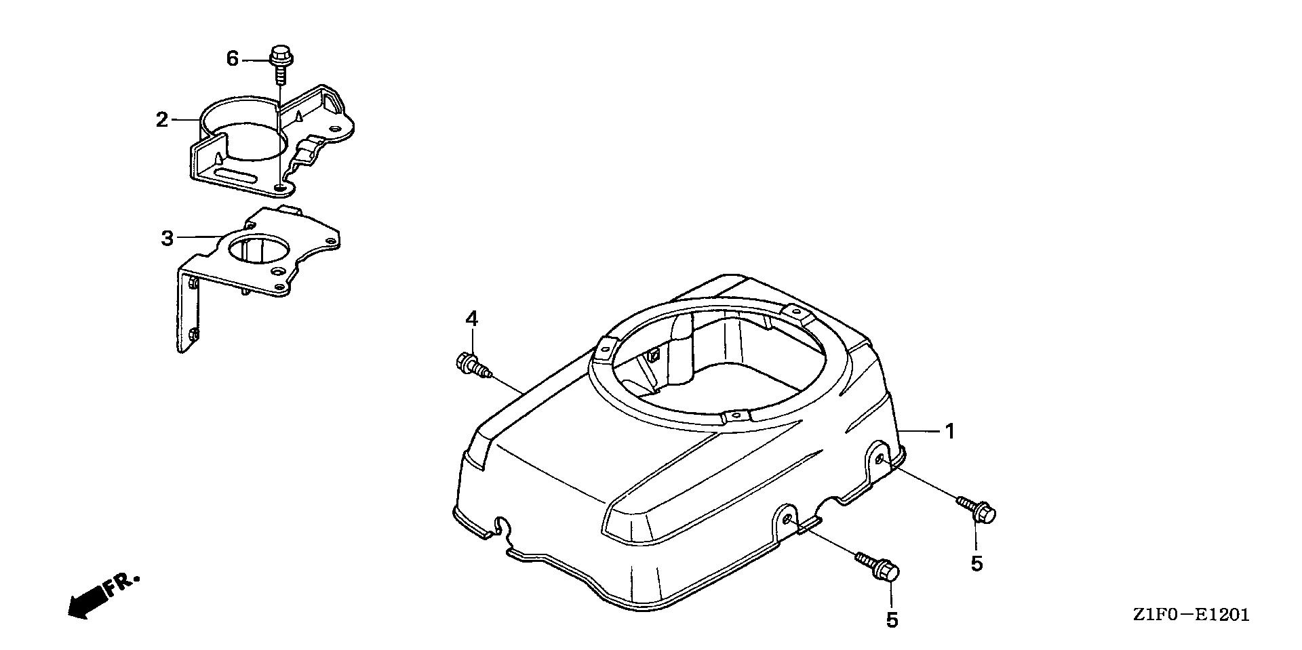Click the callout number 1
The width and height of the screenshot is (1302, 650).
click(950, 431)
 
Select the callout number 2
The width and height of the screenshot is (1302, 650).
click(161, 120)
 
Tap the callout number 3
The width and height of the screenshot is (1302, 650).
click(167, 238)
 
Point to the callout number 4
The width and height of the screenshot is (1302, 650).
click(472, 319)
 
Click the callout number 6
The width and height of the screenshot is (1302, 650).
click(233, 60)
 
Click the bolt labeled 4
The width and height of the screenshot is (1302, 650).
click(473, 366)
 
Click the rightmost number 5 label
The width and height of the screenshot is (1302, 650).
click(976, 563)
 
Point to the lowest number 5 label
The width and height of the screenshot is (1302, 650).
click(892, 619)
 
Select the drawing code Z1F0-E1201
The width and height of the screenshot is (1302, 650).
click(1190, 615)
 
